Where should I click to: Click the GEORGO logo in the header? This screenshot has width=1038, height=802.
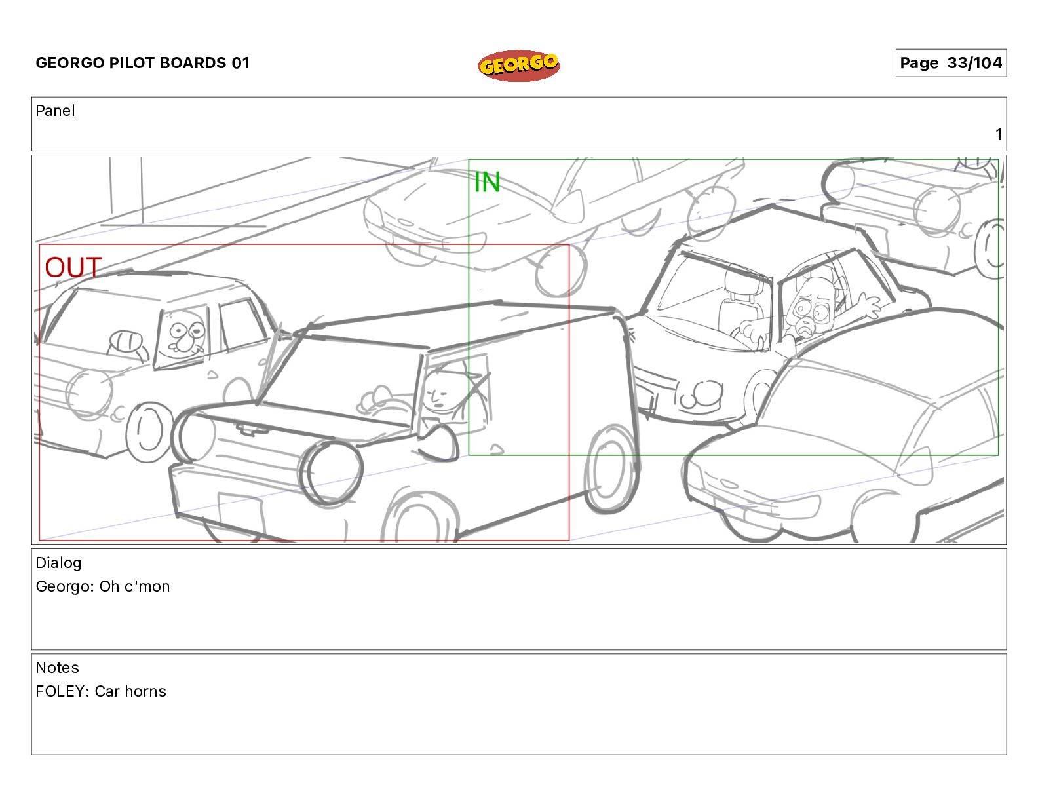[518, 66]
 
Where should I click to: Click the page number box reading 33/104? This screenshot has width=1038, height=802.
[950, 63]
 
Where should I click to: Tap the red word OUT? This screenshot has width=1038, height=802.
[73, 267]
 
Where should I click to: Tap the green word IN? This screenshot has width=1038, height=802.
[487, 182]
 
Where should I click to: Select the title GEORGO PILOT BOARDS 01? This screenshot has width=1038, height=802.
[142, 63]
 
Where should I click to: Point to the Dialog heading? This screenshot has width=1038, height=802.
[58, 563]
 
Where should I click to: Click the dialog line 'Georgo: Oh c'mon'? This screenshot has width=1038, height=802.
[103, 586]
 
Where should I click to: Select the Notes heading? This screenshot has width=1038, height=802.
[57, 668]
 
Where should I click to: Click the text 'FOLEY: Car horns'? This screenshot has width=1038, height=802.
[101, 691]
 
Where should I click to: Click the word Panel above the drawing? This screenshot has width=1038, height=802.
[55, 111]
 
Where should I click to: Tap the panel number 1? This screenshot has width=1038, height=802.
[998, 134]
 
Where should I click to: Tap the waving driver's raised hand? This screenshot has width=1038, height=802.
[868, 305]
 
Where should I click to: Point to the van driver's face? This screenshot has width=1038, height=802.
[436, 393]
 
